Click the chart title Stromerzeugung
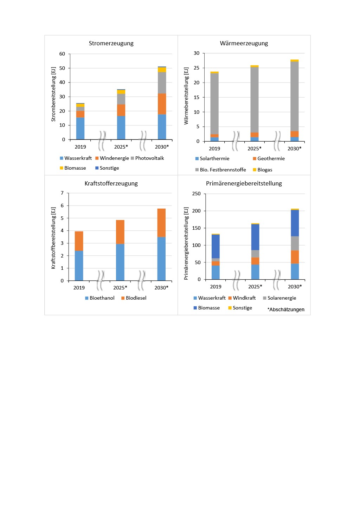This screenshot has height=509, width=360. pos(111,43)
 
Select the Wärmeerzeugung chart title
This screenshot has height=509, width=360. pos(244,43)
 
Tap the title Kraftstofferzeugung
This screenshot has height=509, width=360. pos(111,183)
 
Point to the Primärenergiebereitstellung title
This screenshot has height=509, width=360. pos(244,183)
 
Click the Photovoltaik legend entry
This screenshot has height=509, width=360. pos(149,158)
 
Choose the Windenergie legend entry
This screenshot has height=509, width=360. pos(114,158)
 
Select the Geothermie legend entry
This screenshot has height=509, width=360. pos(271,158)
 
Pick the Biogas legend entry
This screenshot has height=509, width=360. pos(264,170)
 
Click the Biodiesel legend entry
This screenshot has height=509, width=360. pos(136,298)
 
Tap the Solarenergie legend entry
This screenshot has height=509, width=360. pos(282,298)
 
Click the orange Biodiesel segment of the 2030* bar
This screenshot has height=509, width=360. pos(161,223)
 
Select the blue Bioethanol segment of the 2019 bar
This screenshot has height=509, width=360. pos(79,266)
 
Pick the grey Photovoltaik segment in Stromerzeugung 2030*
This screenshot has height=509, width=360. pos(162,83)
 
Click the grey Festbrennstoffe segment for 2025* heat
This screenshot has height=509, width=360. pos(255,100)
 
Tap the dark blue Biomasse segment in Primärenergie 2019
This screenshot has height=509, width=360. pos(216,246)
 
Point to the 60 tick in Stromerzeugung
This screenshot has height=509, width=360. pos(62,54)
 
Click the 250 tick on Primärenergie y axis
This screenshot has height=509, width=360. pos(197,194)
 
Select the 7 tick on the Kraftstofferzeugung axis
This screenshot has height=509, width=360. pos(62,193)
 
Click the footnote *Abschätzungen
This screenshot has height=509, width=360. pos(286,309)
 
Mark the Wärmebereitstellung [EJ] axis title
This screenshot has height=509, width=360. pos(186,96)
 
